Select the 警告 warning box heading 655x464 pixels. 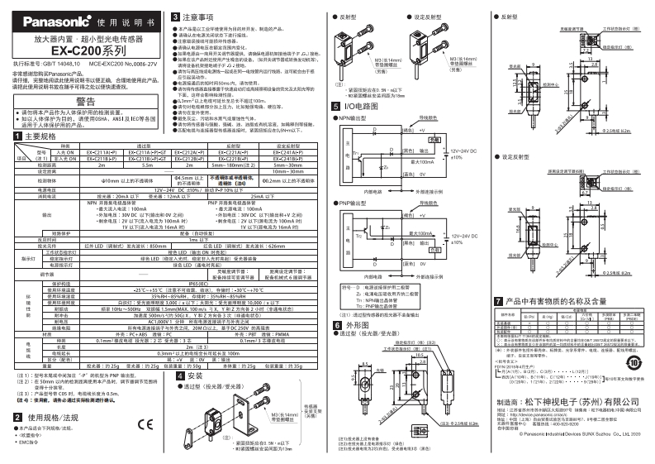[x=84, y=98]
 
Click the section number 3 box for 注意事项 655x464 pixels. [x=176, y=17]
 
